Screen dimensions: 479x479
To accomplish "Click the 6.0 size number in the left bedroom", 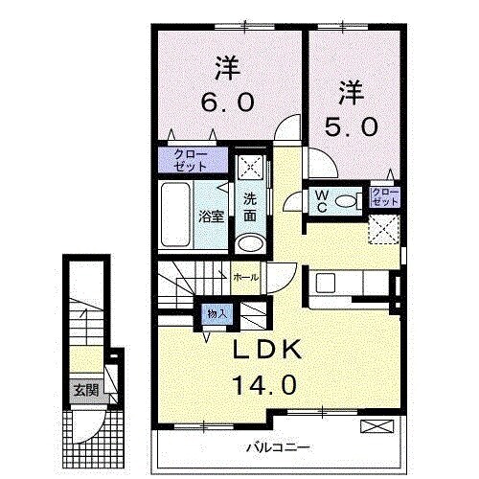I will pos(225,102).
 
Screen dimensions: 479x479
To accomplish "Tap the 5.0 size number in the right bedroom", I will pos(351,125).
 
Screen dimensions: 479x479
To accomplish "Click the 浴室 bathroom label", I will pos(211,217).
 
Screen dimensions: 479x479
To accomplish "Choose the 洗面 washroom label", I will pos(249,208).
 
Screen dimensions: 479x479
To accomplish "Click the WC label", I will pos(323,200).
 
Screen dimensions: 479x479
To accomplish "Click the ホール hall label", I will pos(244,277).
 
